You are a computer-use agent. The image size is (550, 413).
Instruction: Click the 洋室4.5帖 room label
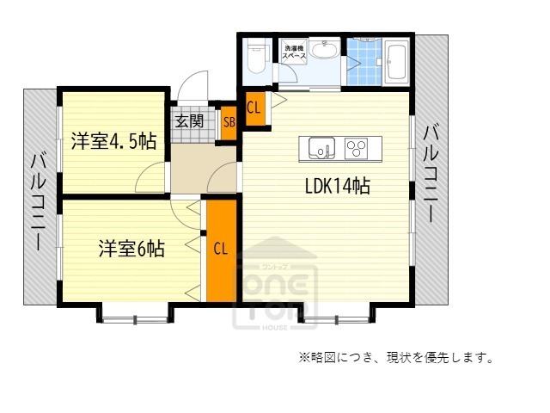click(x=113, y=139)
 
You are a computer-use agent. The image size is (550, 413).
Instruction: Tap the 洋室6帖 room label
click(x=131, y=250)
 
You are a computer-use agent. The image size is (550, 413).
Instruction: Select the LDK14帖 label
click(x=337, y=185)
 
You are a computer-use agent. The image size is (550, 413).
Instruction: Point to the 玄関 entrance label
click(x=190, y=121)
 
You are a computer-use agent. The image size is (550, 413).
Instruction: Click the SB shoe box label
click(x=229, y=121)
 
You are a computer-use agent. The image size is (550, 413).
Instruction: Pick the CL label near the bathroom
click(x=254, y=108)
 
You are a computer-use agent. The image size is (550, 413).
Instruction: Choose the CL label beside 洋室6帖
click(x=221, y=250)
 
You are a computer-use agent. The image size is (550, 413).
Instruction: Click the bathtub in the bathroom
click(x=397, y=63)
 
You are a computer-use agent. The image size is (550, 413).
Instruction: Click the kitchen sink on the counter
click(x=319, y=148)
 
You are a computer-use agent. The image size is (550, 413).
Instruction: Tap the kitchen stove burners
click(x=356, y=148)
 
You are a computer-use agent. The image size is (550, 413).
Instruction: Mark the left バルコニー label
click(x=40, y=200)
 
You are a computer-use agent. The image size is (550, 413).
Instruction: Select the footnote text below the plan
click(x=396, y=357)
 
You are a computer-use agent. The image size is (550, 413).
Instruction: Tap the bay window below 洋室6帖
click(x=135, y=315)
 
